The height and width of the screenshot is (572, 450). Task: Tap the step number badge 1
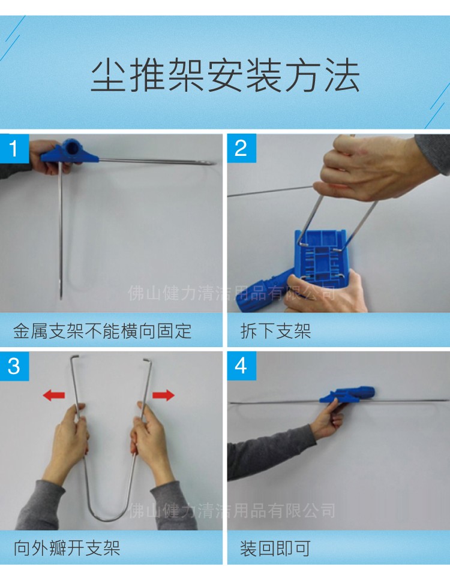click(x=14, y=147)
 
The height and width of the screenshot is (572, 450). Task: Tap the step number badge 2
click(x=241, y=147)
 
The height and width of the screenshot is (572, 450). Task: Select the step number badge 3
click(x=14, y=366)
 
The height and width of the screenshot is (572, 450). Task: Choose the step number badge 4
click(x=241, y=366)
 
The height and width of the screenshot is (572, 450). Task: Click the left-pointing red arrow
click(x=54, y=395)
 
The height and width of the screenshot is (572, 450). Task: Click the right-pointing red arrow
click(x=163, y=395)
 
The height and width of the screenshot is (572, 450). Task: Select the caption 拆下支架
click(x=275, y=330)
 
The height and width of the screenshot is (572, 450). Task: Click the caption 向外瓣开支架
click(x=67, y=547)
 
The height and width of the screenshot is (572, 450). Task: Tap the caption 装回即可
click(x=275, y=547)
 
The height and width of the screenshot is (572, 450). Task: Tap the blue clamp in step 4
click(x=347, y=395)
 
